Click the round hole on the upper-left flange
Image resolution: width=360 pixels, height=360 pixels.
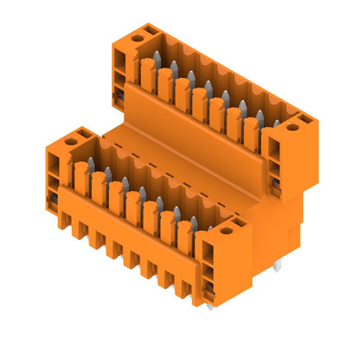137,38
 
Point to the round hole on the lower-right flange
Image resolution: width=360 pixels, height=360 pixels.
227,230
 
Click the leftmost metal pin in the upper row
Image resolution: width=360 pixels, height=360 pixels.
157,59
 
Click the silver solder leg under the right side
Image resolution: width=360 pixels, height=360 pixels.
280,266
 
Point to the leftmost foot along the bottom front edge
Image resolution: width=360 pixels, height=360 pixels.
63,222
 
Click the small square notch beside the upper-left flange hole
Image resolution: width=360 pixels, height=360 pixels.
123,34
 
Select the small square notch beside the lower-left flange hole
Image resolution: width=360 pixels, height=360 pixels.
85,132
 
